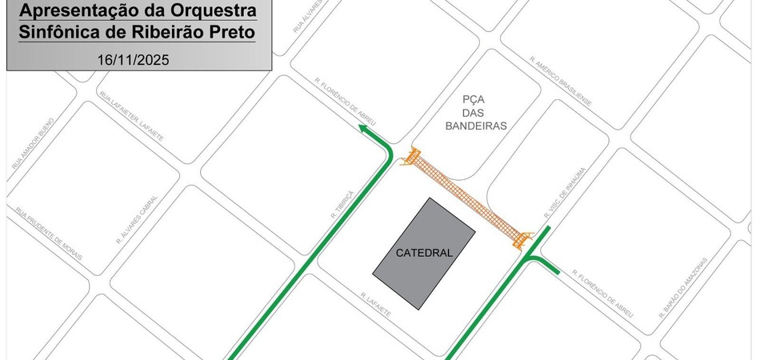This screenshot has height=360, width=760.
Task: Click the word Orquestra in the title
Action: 210,12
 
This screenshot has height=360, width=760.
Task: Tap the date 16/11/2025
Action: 134,59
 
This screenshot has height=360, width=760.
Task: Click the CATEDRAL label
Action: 424,253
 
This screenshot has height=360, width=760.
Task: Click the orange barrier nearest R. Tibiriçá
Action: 412,157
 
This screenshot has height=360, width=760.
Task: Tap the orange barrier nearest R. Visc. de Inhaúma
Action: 522,237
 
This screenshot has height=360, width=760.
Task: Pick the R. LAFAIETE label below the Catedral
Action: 376,305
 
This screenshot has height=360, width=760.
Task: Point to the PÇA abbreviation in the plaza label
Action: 474,99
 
